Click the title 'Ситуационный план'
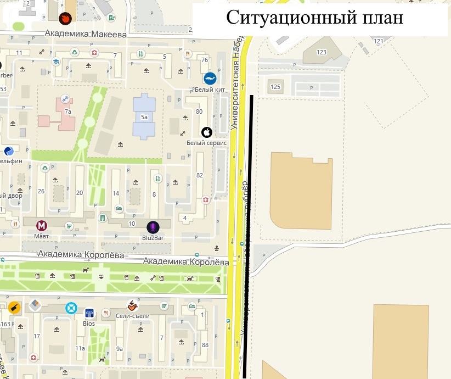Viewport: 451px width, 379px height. [315, 18]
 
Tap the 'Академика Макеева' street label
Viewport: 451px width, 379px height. [86, 34]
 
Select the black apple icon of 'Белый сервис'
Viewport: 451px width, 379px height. [207, 132]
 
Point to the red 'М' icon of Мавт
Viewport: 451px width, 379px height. [42, 225]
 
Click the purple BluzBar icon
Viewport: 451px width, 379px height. [153, 226]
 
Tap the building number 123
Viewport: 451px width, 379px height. [322, 52]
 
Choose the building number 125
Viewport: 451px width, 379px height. [275, 87]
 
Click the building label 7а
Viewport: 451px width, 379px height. [68, 112]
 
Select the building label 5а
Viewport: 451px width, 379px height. [144, 117]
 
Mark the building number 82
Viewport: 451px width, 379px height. [200, 175]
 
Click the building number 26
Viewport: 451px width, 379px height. [41, 192]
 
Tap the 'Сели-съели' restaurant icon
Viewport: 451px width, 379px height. [132, 305]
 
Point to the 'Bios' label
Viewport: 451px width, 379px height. [88, 324]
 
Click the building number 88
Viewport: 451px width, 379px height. [205, 344]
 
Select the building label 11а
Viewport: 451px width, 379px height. [80, 348]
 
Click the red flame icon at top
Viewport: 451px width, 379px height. [65, 18]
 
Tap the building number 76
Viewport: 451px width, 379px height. [205, 60]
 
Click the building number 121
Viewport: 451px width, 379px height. [377, 41]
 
